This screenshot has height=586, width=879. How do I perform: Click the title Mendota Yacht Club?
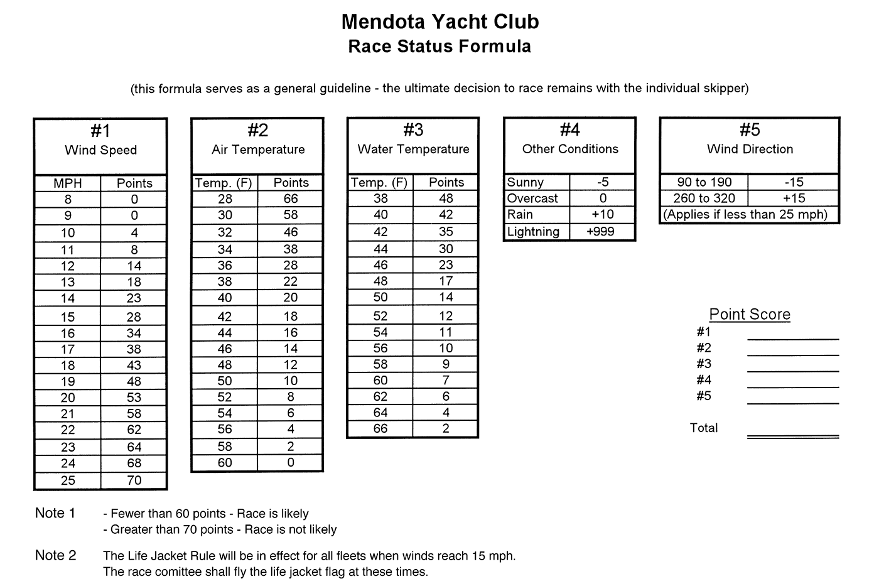[x=439, y=22]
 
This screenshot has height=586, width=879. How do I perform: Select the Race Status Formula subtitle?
[x=439, y=46]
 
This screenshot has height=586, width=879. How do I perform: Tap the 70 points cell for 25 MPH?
[x=134, y=480]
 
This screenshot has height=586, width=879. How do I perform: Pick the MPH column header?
[x=68, y=183]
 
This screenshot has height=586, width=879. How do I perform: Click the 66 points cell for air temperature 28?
[x=291, y=198]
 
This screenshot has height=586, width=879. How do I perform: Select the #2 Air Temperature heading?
[x=257, y=140]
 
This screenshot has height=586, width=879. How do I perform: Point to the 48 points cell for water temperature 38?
[x=446, y=198]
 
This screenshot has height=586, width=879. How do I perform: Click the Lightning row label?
[x=533, y=232]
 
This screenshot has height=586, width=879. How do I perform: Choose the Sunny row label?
[x=526, y=182]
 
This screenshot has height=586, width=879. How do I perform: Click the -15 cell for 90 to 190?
[x=794, y=182]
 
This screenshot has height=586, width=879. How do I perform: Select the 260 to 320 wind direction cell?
[x=704, y=198]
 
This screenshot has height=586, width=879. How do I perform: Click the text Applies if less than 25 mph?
[x=746, y=215]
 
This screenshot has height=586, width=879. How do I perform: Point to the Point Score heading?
[x=750, y=314]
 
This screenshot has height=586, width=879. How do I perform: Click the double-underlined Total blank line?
[x=793, y=437]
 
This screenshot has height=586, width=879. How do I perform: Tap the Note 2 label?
[x=56, y=556]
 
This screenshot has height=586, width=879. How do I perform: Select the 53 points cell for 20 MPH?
[x=134, y=398]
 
